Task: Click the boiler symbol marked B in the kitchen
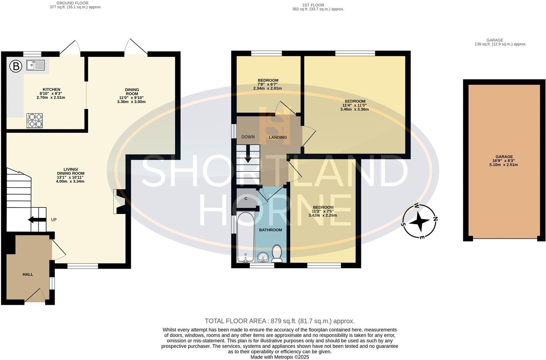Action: click(15, 66)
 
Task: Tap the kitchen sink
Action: click(35, 65)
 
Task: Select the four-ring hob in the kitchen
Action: click(34, 120)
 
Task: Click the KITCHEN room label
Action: click(51, 90)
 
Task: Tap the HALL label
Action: click(28, 274)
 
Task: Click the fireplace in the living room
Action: click(119, 202)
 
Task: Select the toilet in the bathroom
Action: click(277, 253)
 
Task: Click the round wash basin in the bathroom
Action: click(263, 258)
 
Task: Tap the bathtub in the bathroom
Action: click(245, 237)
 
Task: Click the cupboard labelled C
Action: click(246, 199)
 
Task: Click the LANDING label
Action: click(278, 137)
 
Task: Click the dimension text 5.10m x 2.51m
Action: click(504, 165)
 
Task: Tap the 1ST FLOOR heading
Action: click(313, 5)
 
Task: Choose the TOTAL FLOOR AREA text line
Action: click(280, 321)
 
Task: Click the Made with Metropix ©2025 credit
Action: click(280, 357)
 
